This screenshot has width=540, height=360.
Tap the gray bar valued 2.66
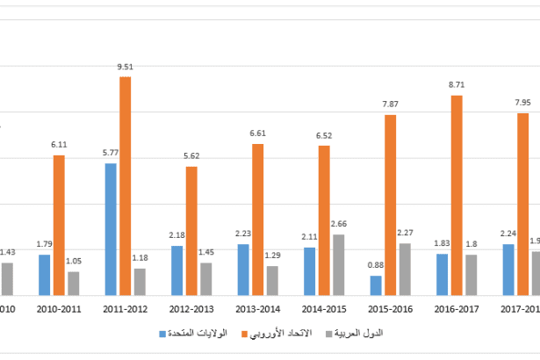click(338, 265)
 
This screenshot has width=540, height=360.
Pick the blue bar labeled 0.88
click(376, 285)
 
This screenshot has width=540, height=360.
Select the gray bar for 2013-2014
click(272, 280)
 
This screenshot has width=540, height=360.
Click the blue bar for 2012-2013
click(176, 270)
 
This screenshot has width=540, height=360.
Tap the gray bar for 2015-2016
click(405, 269)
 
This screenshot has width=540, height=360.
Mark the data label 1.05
click(74, 261)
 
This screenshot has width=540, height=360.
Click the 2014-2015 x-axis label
click(324, 309)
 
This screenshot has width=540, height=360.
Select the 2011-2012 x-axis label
click(125, 309)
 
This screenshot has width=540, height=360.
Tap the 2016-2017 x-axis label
click(457, 309)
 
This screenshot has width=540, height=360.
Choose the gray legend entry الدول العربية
click(360, 334)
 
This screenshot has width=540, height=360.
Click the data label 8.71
click(457, 85)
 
